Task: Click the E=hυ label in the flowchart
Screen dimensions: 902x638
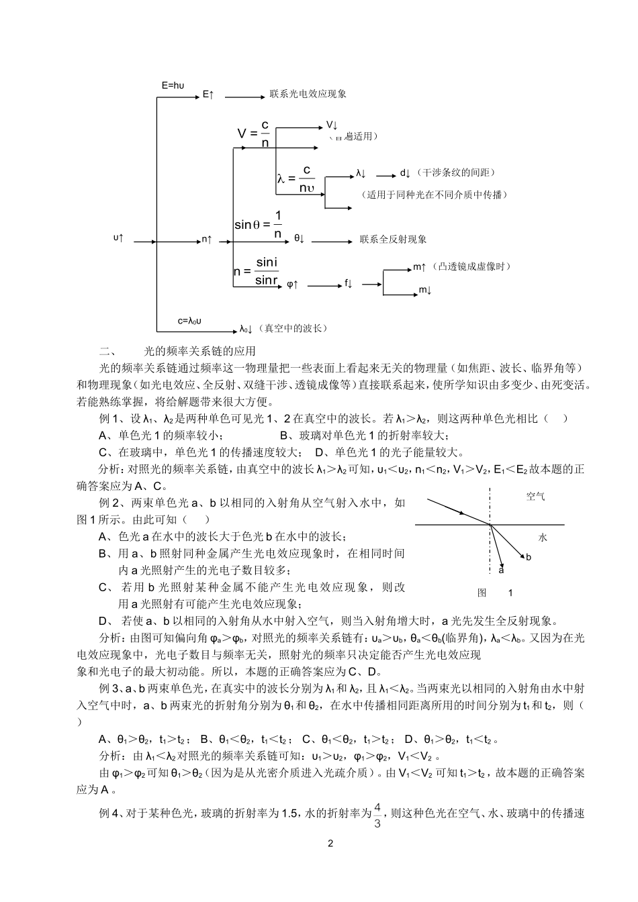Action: pyautogui.click(x=173, y=85)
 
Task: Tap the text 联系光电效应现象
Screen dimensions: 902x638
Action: pyautogui.click(x=308, y=95)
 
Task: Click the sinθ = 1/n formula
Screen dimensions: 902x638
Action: pyautogui.click(x=259, y=225)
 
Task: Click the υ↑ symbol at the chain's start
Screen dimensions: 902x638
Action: pyautogui.click(x=118, y=238)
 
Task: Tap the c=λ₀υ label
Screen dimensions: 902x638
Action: pyautogui.click(x=190, y=321)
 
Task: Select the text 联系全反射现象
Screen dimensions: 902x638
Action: pyautogui.click(x=394, y=239)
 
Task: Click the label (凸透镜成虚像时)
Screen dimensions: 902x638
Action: pyautogui.click(x=471, y=266)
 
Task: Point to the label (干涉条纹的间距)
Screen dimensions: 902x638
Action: pyautogui.click(x=455, y=173)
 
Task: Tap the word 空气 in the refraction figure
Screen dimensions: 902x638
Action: pyautogui.click(x=535, y=497)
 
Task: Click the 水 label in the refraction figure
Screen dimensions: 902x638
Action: pyautogui.click(x=543, y=537)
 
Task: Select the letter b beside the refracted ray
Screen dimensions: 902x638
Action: pyautogui.click(x=529, y=556)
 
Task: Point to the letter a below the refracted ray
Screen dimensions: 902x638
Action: pyautogui.click(x=501, y=570)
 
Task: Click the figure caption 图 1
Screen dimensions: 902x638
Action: pyautogui.click(x=495, y=593)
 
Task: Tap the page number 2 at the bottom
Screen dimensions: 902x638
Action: pyautogui.click(x=330, y=844)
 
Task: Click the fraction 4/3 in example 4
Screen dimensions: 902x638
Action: pyautogui.click(x=377, y=814)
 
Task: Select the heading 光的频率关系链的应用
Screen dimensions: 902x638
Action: pyautogui.click(x=200, y=351)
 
